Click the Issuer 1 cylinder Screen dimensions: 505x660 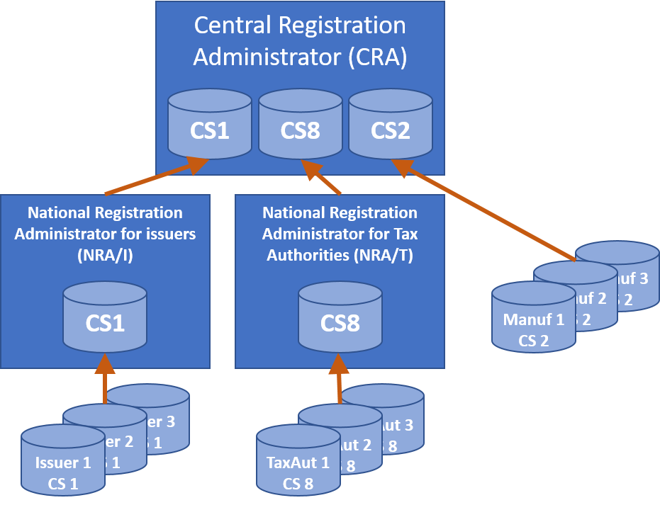62,471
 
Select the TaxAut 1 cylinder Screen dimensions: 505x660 298,471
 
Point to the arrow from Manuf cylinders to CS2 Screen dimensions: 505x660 489,212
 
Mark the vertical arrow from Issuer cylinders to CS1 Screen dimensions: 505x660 105,382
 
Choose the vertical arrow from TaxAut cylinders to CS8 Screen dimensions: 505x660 340,382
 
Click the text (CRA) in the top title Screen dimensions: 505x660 378,57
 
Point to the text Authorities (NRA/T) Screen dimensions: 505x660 340,255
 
